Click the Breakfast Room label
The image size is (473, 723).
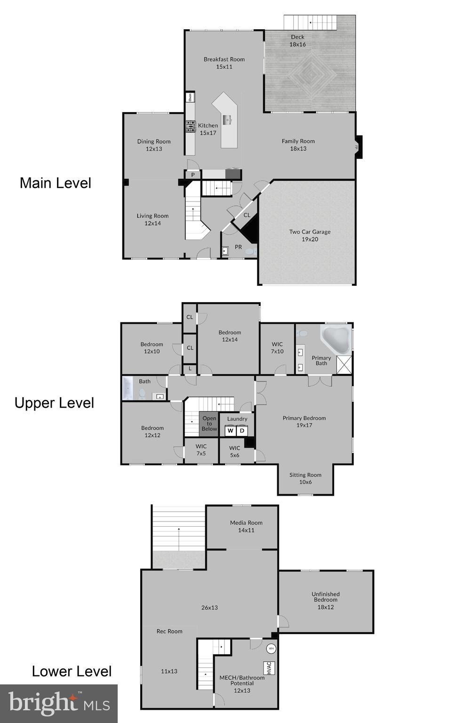[224, 59]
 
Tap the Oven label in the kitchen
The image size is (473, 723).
[190, 97]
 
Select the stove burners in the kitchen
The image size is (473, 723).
[190, 126]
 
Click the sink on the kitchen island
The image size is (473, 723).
[229, 119]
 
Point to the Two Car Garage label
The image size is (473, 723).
[310, 232]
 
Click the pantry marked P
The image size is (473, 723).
[193, 175]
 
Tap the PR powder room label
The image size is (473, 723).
[238, 247]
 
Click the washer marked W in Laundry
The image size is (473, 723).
[230, 431]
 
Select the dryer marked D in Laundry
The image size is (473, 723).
[242, 431]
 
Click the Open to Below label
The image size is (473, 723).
[209, 424]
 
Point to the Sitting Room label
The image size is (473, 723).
[305, 475]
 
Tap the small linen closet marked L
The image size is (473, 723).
[190, 369]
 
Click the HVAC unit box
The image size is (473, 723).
[269, 668]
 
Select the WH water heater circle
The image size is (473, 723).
[272, 649]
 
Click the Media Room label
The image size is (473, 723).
[246, 522]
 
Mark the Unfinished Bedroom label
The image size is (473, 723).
[326, 597]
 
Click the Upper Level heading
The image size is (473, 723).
[54, 403]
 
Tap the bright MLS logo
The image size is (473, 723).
[59, 703]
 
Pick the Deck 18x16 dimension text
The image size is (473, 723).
[297, 44]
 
